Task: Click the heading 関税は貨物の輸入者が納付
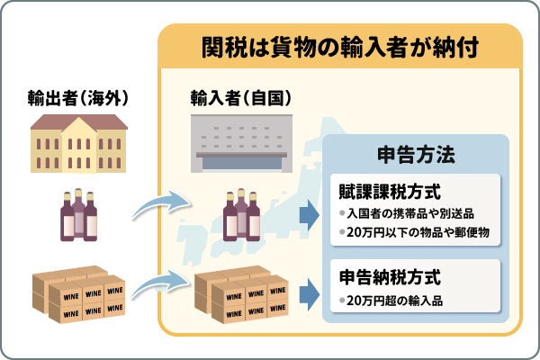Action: click(340, 45)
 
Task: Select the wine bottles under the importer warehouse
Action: click(240, 215)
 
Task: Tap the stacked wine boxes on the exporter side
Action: click(78, 292)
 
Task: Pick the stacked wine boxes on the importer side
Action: click(240, 292)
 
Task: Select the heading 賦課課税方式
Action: click(382, 191)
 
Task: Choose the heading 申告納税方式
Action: click(382, 274)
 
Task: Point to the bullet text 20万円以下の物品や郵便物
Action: click(416, 233)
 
